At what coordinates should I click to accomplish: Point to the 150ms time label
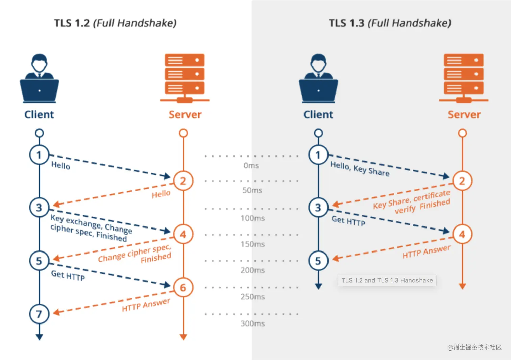[253, 244]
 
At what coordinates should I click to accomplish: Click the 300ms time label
[253, 323]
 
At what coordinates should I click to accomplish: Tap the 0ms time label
[251, 165]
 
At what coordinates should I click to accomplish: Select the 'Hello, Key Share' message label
[360, 169]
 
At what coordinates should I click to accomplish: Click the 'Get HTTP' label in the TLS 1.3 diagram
[348, 221]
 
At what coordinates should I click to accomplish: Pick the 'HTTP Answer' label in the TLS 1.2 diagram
[146, 305]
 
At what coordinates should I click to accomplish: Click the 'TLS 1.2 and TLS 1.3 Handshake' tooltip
[387, 280]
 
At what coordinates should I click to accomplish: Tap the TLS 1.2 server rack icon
[185, 78]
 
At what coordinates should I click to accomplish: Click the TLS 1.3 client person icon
[318, 78]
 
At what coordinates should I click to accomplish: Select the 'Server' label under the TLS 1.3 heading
[464, 114]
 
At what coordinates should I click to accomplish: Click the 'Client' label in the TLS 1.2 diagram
[39, 114]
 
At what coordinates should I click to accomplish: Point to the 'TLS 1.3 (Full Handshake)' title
[390, 23]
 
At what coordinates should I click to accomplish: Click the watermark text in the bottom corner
[474, 347]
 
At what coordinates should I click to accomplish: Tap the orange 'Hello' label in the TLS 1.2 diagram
[161, 194]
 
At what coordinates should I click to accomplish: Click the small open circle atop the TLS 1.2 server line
[183, 133]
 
